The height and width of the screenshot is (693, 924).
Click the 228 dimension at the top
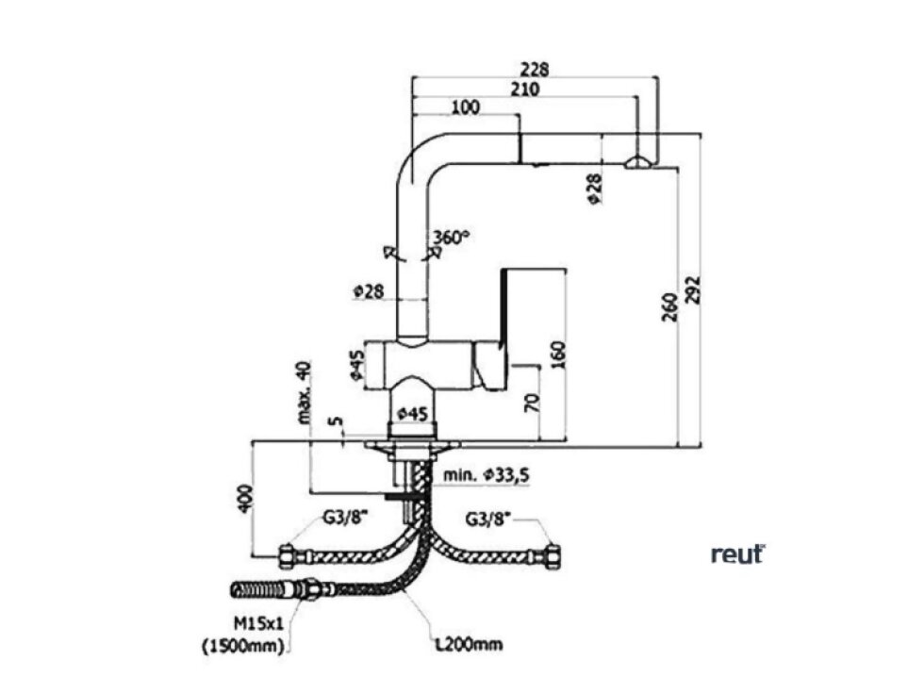533,70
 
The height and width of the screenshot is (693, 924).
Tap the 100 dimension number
465,107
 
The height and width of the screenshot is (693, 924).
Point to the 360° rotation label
451,236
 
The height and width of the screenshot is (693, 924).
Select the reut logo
737,554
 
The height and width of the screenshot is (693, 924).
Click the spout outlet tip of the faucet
637,163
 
